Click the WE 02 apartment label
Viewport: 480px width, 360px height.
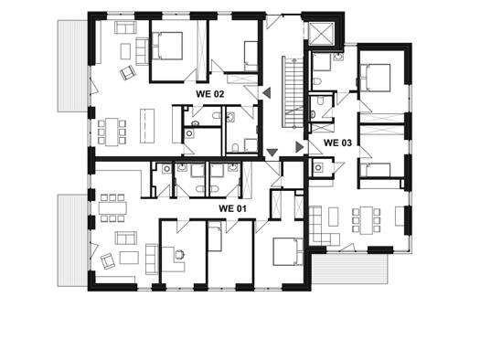tap(210, 94)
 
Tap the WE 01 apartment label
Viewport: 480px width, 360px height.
tap(232, 208)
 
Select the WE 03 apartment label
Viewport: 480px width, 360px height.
tap(337, 143)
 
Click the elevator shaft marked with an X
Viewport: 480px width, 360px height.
tap(322, 34)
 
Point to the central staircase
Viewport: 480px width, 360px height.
tap(293, 91)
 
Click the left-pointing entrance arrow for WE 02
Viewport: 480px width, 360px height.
tap(267, 92)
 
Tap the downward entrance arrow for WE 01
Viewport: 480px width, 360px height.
tap(272, 153)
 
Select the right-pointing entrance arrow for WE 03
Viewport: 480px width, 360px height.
tap(299, 147)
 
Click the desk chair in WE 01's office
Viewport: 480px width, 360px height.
tap(179, 254)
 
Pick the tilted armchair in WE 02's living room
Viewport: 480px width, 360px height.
tap(128, 73)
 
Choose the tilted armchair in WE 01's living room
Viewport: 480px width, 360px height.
tap(108, 261)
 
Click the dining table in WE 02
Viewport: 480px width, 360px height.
tap(112, 132)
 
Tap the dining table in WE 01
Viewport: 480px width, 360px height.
tap(112, 207)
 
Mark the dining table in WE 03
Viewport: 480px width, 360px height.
tap(366, 220)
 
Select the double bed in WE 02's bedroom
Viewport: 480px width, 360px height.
tap(167, 46)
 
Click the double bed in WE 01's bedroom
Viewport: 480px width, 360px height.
tap(288, 251)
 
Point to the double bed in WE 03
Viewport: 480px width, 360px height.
tap(375, 78)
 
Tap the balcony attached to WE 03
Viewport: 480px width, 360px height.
tap(349, 269)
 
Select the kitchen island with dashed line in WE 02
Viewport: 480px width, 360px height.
tap(147, 126)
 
